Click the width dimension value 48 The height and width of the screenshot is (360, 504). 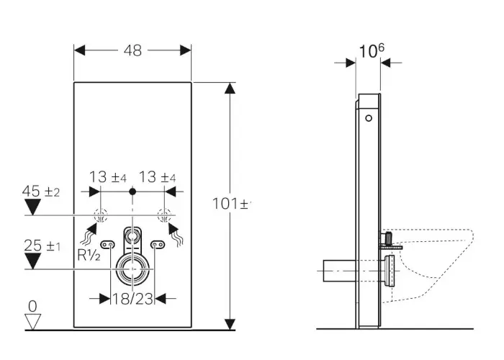click(x=132, y=50)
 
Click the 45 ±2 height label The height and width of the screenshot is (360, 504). click(x=41, y=192)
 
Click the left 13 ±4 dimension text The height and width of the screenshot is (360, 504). click(x=109, y=176)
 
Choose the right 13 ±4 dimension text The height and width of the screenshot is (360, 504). click(x=158, y=176)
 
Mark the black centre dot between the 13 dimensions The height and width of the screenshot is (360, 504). click(x=132, y=192)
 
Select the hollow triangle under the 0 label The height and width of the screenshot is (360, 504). click(x=31, y=321)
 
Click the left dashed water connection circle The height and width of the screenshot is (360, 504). click(x=101, y=215)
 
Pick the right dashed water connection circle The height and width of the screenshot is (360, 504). click(x=164, y=215)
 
